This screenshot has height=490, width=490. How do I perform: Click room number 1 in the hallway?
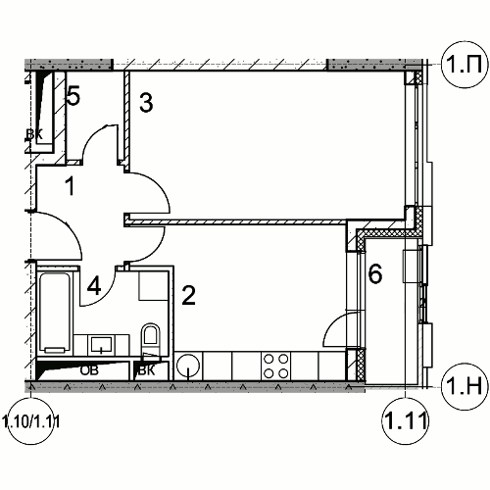point(70,185)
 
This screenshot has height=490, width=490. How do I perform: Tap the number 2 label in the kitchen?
point(188,295)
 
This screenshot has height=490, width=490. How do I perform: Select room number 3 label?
point(146,103)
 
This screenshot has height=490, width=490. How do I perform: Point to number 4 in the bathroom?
point(94,285)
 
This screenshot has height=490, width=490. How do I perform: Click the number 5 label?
point(73,96)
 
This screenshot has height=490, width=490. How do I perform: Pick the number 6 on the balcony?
point(375,273)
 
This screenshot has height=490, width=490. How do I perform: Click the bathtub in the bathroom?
point(55,314)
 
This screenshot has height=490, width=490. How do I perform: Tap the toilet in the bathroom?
point(151,338)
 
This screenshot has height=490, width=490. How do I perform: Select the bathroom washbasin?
point(101,345)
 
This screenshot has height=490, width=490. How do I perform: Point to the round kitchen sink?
point(188,366)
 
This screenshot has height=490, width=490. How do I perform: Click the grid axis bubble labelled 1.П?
point(464,65)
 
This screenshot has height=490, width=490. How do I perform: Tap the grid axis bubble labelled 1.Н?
point(464,386)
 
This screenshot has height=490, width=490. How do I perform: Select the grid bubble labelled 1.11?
point(405,420)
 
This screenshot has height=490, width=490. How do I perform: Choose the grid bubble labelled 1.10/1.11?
point(31,422)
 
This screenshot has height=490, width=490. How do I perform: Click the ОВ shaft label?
point(89,370)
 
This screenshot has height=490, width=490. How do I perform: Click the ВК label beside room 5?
point(34,134)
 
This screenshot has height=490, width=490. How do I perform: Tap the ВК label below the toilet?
point(147,370)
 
